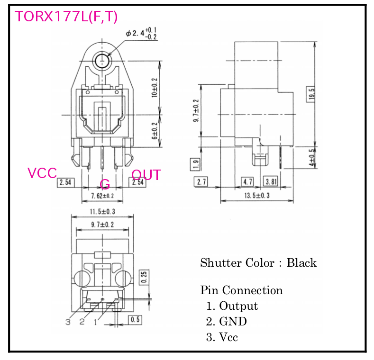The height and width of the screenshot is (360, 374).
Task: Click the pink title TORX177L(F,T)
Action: tap(66, 17)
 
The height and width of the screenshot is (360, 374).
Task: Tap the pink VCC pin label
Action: tap(42, 173)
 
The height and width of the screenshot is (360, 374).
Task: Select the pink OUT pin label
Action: tap(146, 175)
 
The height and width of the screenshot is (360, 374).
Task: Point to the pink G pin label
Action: tap(105, 184)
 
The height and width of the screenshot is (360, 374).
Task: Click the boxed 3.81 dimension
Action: tap(272, 182)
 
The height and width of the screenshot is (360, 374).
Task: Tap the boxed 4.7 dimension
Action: tap(248, 182)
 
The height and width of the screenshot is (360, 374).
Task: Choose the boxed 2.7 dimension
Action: tap(201, 182)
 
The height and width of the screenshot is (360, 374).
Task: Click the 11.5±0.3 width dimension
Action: tap(101, 211)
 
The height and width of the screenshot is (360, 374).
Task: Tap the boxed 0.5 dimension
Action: tap(135, 320)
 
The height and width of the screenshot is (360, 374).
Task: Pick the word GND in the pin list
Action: tap(233, 322)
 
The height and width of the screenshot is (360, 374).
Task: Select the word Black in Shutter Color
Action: tap(301, 263)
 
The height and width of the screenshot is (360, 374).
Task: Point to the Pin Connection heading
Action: tap(241, 290)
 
